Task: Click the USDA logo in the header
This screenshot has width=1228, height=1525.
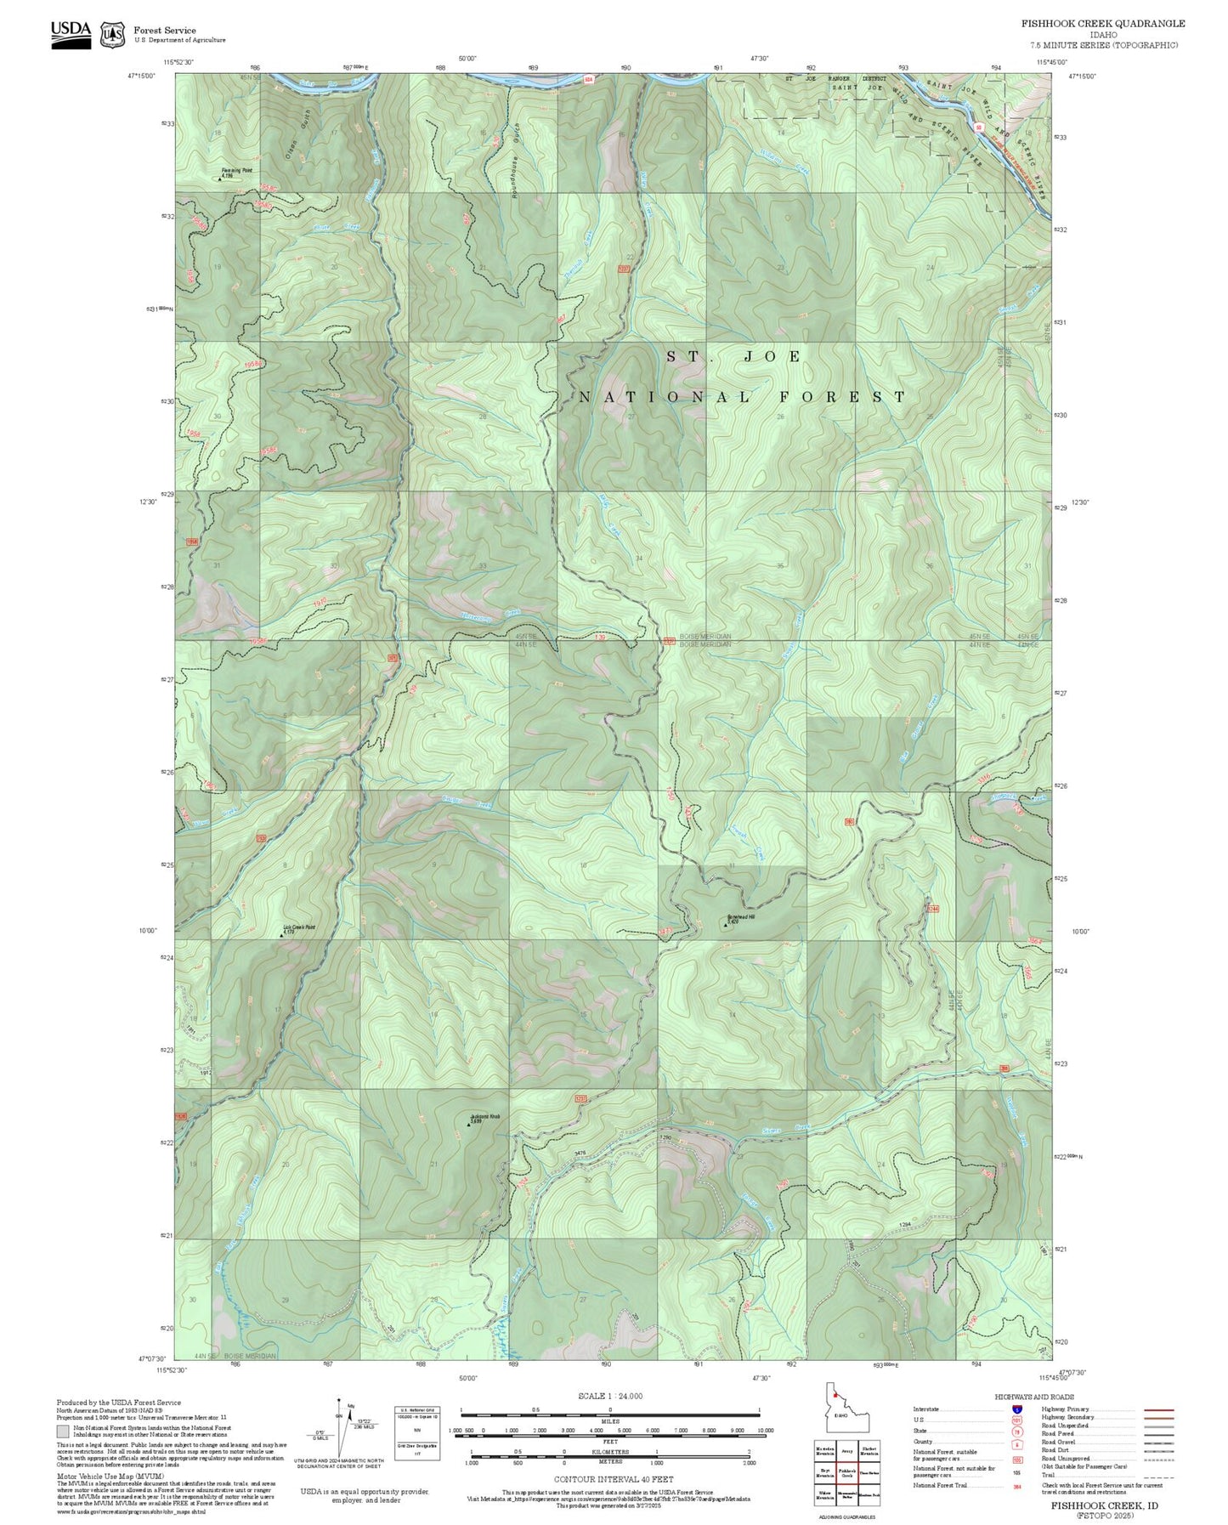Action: tap(71, 34)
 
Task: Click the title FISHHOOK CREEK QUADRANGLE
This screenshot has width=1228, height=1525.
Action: tap(1102, 23)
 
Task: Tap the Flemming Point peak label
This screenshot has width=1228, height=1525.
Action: tap(236, 171)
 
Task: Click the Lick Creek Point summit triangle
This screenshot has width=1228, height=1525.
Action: tap(282, 935)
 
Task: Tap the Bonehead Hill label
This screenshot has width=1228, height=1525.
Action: tap(740, 917)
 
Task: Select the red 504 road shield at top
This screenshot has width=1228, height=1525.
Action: tap(588, 79)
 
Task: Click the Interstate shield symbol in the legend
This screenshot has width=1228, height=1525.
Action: tap(1017, 1409)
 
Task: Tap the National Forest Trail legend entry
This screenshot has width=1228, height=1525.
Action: tap(941, 1485)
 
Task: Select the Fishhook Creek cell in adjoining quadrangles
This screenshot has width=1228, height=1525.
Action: tap(846, 1474)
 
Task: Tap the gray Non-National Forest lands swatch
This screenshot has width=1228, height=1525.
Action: tap(63, 1431)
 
